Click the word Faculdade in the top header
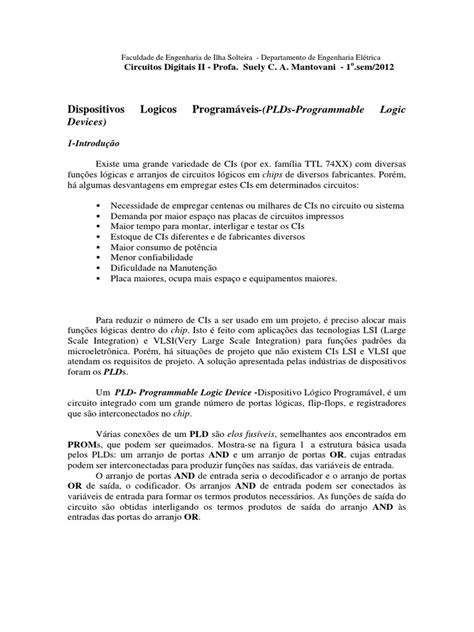point(141,59)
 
